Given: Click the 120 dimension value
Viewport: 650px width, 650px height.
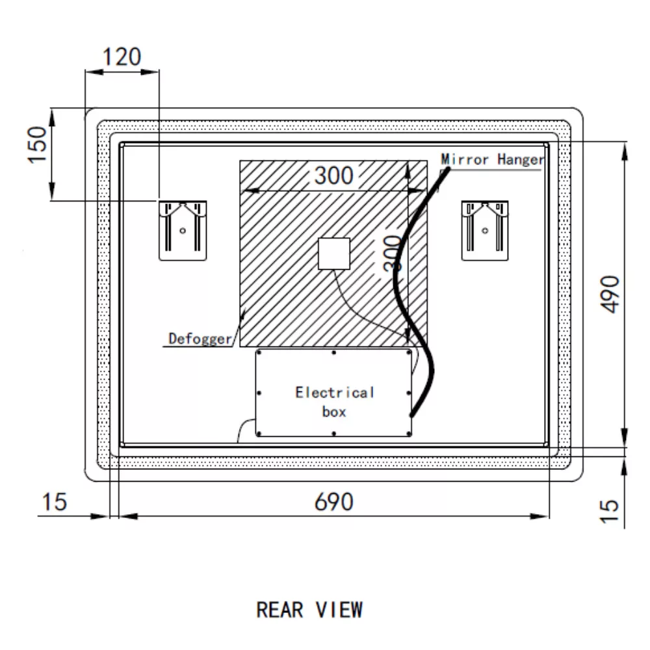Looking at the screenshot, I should pos(122,57).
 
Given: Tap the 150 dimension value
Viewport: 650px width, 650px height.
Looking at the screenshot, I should pos(38,144).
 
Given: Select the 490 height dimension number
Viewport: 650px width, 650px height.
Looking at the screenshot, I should pos(611,293).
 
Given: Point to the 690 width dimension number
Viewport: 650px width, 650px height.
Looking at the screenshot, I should pos(334,502).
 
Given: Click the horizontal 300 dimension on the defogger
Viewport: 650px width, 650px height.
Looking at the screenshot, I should pos(335,175).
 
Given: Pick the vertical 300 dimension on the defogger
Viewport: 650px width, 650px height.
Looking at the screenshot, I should pos(392,253).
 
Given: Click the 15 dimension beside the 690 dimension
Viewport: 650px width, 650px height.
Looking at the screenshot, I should pos(55,502).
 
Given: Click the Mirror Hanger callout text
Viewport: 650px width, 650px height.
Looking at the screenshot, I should pos(492,159).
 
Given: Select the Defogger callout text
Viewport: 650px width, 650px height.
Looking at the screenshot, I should pos(200,338).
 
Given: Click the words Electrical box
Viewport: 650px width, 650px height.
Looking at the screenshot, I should pos(335,402).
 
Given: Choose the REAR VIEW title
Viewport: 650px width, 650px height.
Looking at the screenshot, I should pos(309,610).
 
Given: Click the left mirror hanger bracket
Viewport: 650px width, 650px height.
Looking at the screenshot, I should pos(183,230).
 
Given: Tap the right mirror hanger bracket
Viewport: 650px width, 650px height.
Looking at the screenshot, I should pos(485,230).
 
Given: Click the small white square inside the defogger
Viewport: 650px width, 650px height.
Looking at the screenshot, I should pos(334,253).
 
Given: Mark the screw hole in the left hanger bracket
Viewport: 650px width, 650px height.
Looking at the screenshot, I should pos(183,229).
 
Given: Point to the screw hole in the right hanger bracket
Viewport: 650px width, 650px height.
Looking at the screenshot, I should pos(485,229).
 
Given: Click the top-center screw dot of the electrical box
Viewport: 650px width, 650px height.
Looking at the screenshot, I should pos(333,353).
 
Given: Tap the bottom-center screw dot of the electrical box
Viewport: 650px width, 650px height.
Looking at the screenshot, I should pos(333,433).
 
